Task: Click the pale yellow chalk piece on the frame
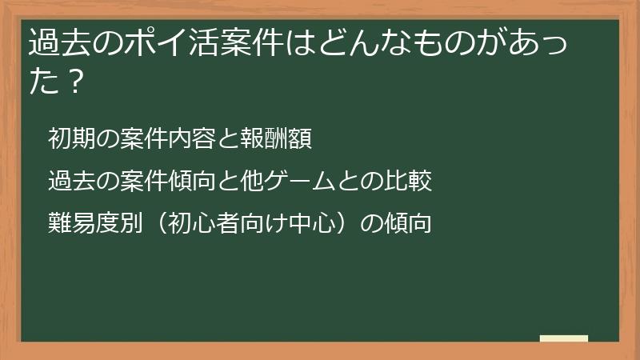pos(564,338)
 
